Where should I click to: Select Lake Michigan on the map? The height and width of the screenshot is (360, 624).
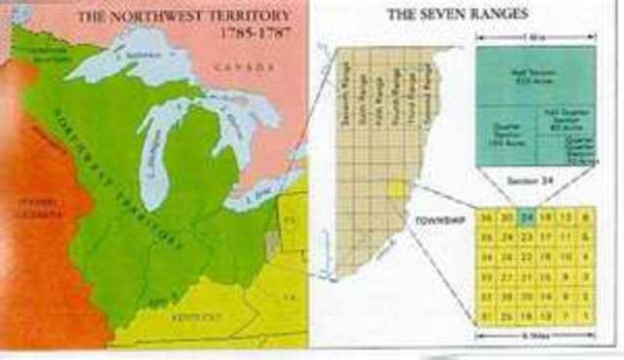point(156,156)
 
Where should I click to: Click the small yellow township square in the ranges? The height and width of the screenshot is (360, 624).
point(396,189)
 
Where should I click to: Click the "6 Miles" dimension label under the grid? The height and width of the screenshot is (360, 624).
point(532,338)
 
